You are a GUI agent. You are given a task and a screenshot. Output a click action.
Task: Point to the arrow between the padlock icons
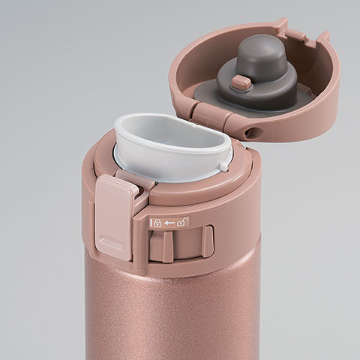click(x=169, y=222)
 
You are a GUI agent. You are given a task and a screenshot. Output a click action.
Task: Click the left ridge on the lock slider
click(x=168, y=246)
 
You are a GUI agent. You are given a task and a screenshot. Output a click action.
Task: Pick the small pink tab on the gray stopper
click(x=241, y=82)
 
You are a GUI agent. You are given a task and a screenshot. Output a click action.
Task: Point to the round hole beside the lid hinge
click(x=254, y=132)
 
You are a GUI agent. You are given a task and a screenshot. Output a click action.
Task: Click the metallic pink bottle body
click(x=172, y=315)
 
